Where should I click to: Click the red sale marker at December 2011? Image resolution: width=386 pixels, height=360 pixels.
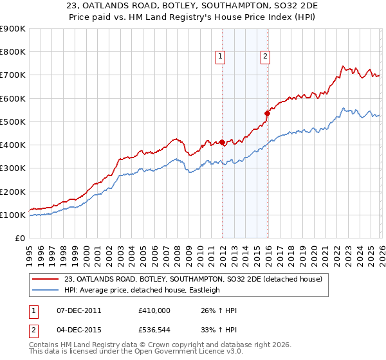pyautogui.click(x=222, y=142)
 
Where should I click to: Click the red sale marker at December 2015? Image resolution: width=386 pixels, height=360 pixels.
pyautogui.click(x=268, y=113)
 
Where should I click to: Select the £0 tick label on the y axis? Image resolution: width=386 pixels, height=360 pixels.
pyautogui.click(x=19, y=239)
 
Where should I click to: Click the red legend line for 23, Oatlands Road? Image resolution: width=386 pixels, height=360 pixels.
pyautogui.click(x=46, y=278)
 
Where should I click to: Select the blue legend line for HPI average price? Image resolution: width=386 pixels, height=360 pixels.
pyautogui.click(x=46, y=290)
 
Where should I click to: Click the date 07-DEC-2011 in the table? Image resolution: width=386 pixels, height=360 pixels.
pyautogui.click(x=78, y=310)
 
